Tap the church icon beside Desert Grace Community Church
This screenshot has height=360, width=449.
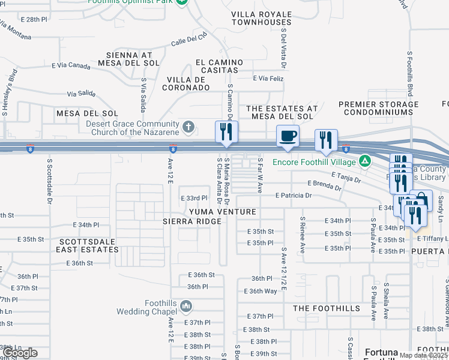[188, 127]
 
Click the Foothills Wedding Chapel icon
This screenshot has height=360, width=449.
[186, 308]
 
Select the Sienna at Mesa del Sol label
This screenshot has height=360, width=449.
[131, 58]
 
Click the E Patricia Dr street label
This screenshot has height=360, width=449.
[294, 196]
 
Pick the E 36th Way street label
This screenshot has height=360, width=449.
[261, 291]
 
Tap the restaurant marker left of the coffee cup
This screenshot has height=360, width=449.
[227, 133]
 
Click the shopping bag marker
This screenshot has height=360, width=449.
[423, 199]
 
